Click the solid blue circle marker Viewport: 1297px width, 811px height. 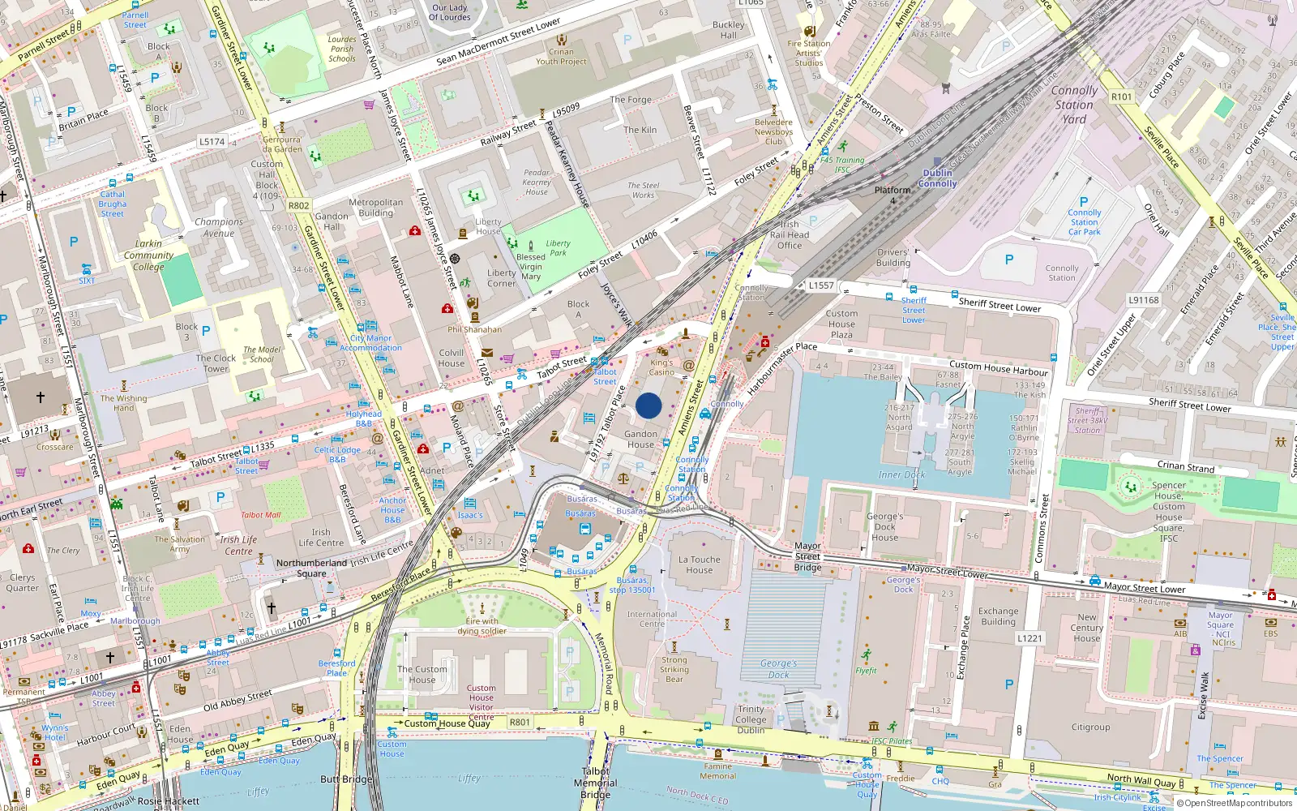(x=648, y=405)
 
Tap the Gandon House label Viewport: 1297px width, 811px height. (x=640, y=439)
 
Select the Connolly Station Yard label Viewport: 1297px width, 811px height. (x=1074, y=105)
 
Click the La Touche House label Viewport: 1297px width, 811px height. (x=700, y=564)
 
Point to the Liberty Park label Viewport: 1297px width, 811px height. (x=558, y=247)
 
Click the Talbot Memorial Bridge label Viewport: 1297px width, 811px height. (x=596, y=783)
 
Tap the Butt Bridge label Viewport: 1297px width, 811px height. (x=346, y=779)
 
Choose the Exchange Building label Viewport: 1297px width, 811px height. (x=998, y=616)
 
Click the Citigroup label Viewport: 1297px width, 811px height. (x=1090, y=727)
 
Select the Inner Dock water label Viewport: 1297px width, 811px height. (x=901, y=474)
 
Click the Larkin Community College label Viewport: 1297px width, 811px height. (x=148, y=255)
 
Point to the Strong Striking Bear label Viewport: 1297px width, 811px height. (x=674, y=669)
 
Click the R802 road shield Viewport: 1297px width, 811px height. (x=298, y=205)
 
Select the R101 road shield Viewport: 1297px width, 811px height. (x=1121, y=97)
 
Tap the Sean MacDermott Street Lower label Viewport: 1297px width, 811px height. (x=498, y=42)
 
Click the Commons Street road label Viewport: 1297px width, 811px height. (x=1042, y=527)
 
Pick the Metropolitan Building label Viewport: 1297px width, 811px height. (x=375, y=208)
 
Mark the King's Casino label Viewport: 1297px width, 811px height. (x=661, y=367)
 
